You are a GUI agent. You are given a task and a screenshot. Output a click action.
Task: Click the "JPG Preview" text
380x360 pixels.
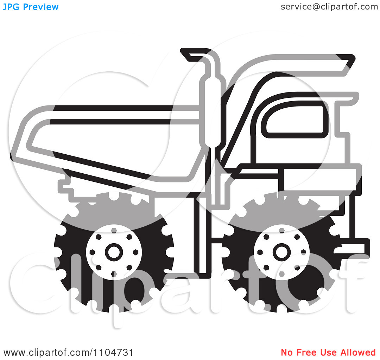(31, 7)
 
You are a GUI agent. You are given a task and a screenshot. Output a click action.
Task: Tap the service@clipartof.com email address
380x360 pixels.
(329, 7)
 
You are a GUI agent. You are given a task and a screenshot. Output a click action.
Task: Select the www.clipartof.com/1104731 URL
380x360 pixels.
(68, 352)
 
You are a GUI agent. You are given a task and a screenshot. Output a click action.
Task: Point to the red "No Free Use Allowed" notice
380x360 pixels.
(328, 352)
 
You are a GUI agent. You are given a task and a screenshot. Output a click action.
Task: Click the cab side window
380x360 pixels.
(295, 120)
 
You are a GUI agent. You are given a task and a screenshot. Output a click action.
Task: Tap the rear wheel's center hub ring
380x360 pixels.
(114, 252)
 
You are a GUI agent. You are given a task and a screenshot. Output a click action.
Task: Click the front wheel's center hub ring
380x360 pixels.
(281, 252)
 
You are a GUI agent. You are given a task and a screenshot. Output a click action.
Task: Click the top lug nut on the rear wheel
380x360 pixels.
(114, 231)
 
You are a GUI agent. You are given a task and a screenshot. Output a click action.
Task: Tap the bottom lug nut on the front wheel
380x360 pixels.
(281, 274)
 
